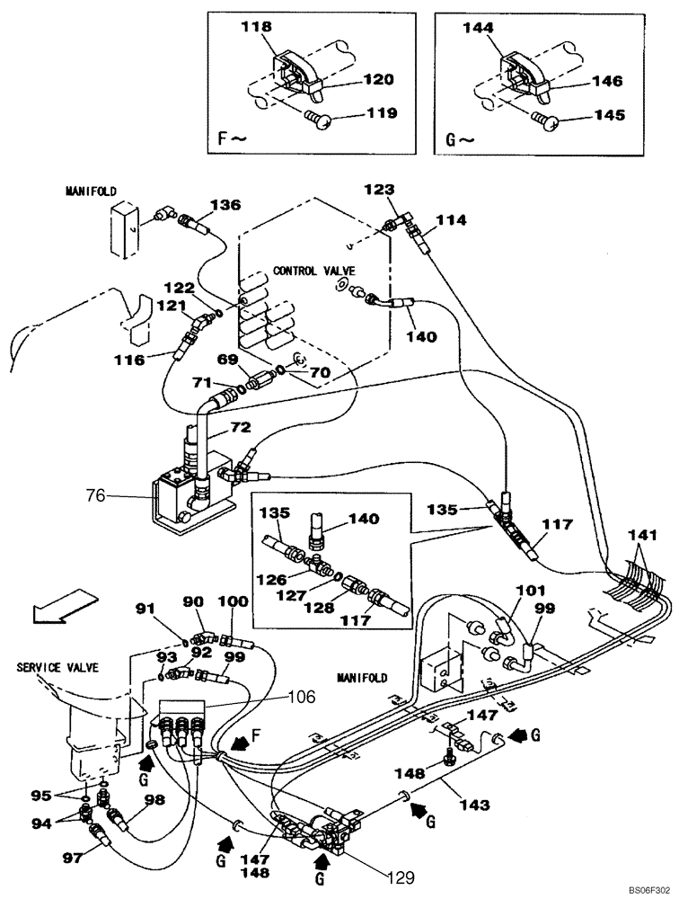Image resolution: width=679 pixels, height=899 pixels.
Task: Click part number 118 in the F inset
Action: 255,29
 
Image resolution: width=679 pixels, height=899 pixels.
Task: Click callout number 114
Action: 450,219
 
